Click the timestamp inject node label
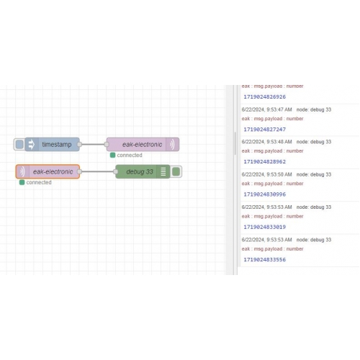point(57,145)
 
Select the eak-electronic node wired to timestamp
point(143,145)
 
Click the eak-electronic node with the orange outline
point(48,171)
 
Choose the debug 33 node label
point(140,172)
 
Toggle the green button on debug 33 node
point(176,171)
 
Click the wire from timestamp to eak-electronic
point(93,145)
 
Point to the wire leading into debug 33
point(97,171)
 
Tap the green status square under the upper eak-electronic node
point(112,156)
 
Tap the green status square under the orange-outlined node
point(22,182)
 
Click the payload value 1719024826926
point(265,97)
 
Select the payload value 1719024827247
point(265,130)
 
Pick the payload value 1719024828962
point(265,162)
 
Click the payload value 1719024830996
point(265,194)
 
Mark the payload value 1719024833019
point(265,227)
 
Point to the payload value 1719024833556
point(265,260)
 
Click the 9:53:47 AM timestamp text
point(279,109)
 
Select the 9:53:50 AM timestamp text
point(279,174)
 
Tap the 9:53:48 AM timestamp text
point(279,142)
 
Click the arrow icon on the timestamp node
point(32,145)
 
